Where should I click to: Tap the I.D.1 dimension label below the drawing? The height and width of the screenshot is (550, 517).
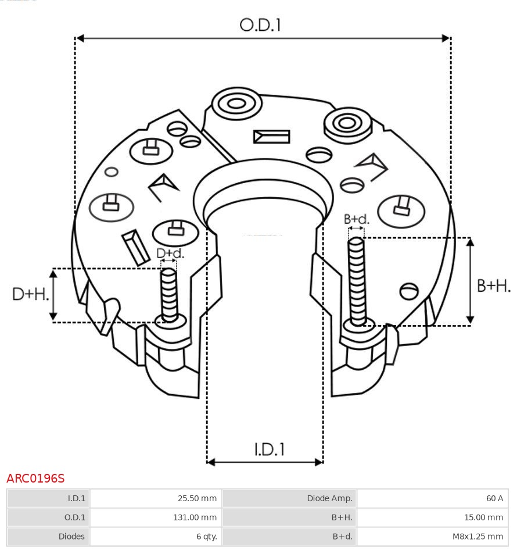coord(270,449)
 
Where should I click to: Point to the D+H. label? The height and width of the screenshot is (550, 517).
coord(30,294)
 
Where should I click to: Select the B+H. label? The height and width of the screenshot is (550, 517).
coord(494,285)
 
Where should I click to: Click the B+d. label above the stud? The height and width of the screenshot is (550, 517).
coord(356,219)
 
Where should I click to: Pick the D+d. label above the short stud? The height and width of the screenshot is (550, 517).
coord(170,253)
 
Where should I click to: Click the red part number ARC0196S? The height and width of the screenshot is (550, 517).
coord(35,478)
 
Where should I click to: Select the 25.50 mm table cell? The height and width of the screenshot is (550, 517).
coord(156,498)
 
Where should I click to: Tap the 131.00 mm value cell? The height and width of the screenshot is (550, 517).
coord(156,517)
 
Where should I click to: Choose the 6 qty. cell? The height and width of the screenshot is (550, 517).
coord(156,536)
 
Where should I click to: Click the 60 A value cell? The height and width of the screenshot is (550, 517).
coord(432,498)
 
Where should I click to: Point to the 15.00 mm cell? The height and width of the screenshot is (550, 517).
coord(432,517)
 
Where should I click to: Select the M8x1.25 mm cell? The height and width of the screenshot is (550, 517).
coord(432,536)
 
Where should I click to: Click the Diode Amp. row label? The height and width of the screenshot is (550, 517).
coord(289,498)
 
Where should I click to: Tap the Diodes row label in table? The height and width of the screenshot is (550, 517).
coord(48,536)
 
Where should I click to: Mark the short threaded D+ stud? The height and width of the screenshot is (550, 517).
coord(169,294)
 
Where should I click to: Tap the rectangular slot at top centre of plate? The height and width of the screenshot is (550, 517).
coord(271,137)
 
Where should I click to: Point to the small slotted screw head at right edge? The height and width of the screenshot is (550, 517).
coord(410,291)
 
